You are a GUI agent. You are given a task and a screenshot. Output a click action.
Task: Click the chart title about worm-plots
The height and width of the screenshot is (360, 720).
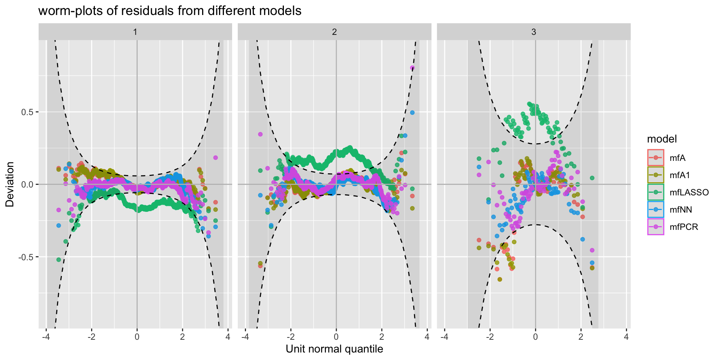(170, 11)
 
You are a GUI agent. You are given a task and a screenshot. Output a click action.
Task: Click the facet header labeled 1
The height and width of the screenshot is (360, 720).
(135, 32)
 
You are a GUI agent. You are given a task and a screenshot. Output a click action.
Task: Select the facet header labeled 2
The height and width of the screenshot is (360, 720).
(334, 32)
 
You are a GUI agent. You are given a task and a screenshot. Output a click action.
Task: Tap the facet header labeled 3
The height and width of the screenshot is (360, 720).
(534, 32)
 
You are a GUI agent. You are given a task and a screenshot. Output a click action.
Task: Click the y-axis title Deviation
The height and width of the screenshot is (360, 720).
(10, 184)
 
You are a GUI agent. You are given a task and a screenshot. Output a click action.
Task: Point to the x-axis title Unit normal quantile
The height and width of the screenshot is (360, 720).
(334, 349)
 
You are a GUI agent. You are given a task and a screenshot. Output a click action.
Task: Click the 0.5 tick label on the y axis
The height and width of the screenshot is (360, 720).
(26, 112)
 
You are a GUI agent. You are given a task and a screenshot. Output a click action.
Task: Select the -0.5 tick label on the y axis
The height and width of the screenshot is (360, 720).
(25, 257)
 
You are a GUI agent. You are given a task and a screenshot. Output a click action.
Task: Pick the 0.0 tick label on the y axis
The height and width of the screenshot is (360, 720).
(26, 184)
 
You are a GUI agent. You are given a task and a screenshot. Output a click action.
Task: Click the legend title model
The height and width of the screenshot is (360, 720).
(662, 139)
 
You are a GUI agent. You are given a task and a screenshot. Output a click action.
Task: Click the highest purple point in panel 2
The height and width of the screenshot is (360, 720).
(412, 68)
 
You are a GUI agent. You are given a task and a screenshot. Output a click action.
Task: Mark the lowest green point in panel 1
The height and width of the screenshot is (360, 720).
(58, 259)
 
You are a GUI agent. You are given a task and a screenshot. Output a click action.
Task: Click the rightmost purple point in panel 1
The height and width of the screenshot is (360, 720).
(216, 157)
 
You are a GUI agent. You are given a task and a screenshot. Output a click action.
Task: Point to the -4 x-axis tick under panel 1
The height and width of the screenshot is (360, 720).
(46, 337)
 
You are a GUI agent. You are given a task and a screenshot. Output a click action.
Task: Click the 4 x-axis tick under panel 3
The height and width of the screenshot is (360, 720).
(626, 337)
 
